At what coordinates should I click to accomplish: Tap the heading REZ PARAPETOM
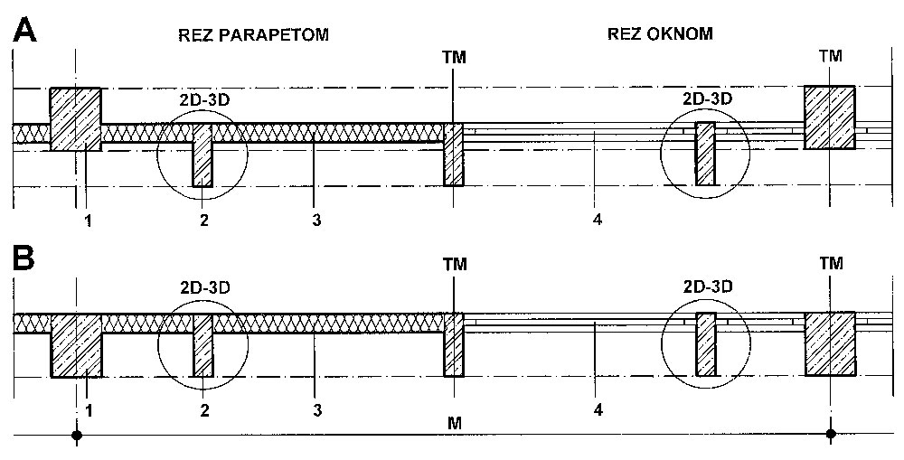point(250,35)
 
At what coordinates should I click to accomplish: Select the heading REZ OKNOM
point(659,34)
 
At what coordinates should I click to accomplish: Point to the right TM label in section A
point(830,56)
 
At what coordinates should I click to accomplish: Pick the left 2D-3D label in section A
point(202,99)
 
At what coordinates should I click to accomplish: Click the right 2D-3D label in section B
point(707,287)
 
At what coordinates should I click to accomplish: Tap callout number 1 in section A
point(89,220)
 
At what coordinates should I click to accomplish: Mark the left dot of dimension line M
point(78,435)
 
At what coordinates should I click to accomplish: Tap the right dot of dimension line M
point(831,435)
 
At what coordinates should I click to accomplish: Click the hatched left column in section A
point(75,118)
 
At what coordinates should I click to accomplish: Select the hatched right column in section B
point(830,343)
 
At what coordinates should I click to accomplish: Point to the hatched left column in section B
point(78,344)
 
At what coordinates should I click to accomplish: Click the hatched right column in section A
point(830,117)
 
